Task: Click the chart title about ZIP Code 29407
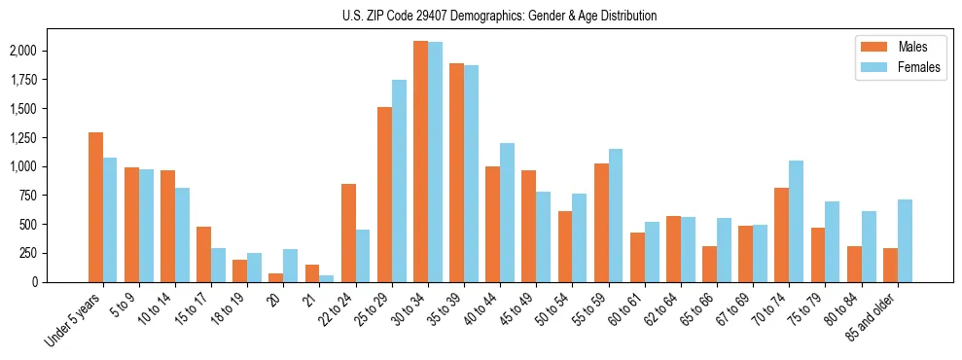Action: (x=500, y=16)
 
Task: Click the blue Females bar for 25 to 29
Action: (x=399, y=181)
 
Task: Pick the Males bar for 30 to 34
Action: (x=420, y=162)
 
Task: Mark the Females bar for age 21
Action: (x=327, y=279)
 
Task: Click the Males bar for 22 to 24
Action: (x=348, y=234)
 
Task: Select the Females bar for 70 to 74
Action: (x=797, y=222)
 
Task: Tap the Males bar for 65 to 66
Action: (x=709, y=265)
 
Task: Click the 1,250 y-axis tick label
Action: (x=49, y=137)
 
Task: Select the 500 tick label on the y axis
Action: (x=54, y=225)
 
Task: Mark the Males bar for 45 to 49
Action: (x=528, y=227)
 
